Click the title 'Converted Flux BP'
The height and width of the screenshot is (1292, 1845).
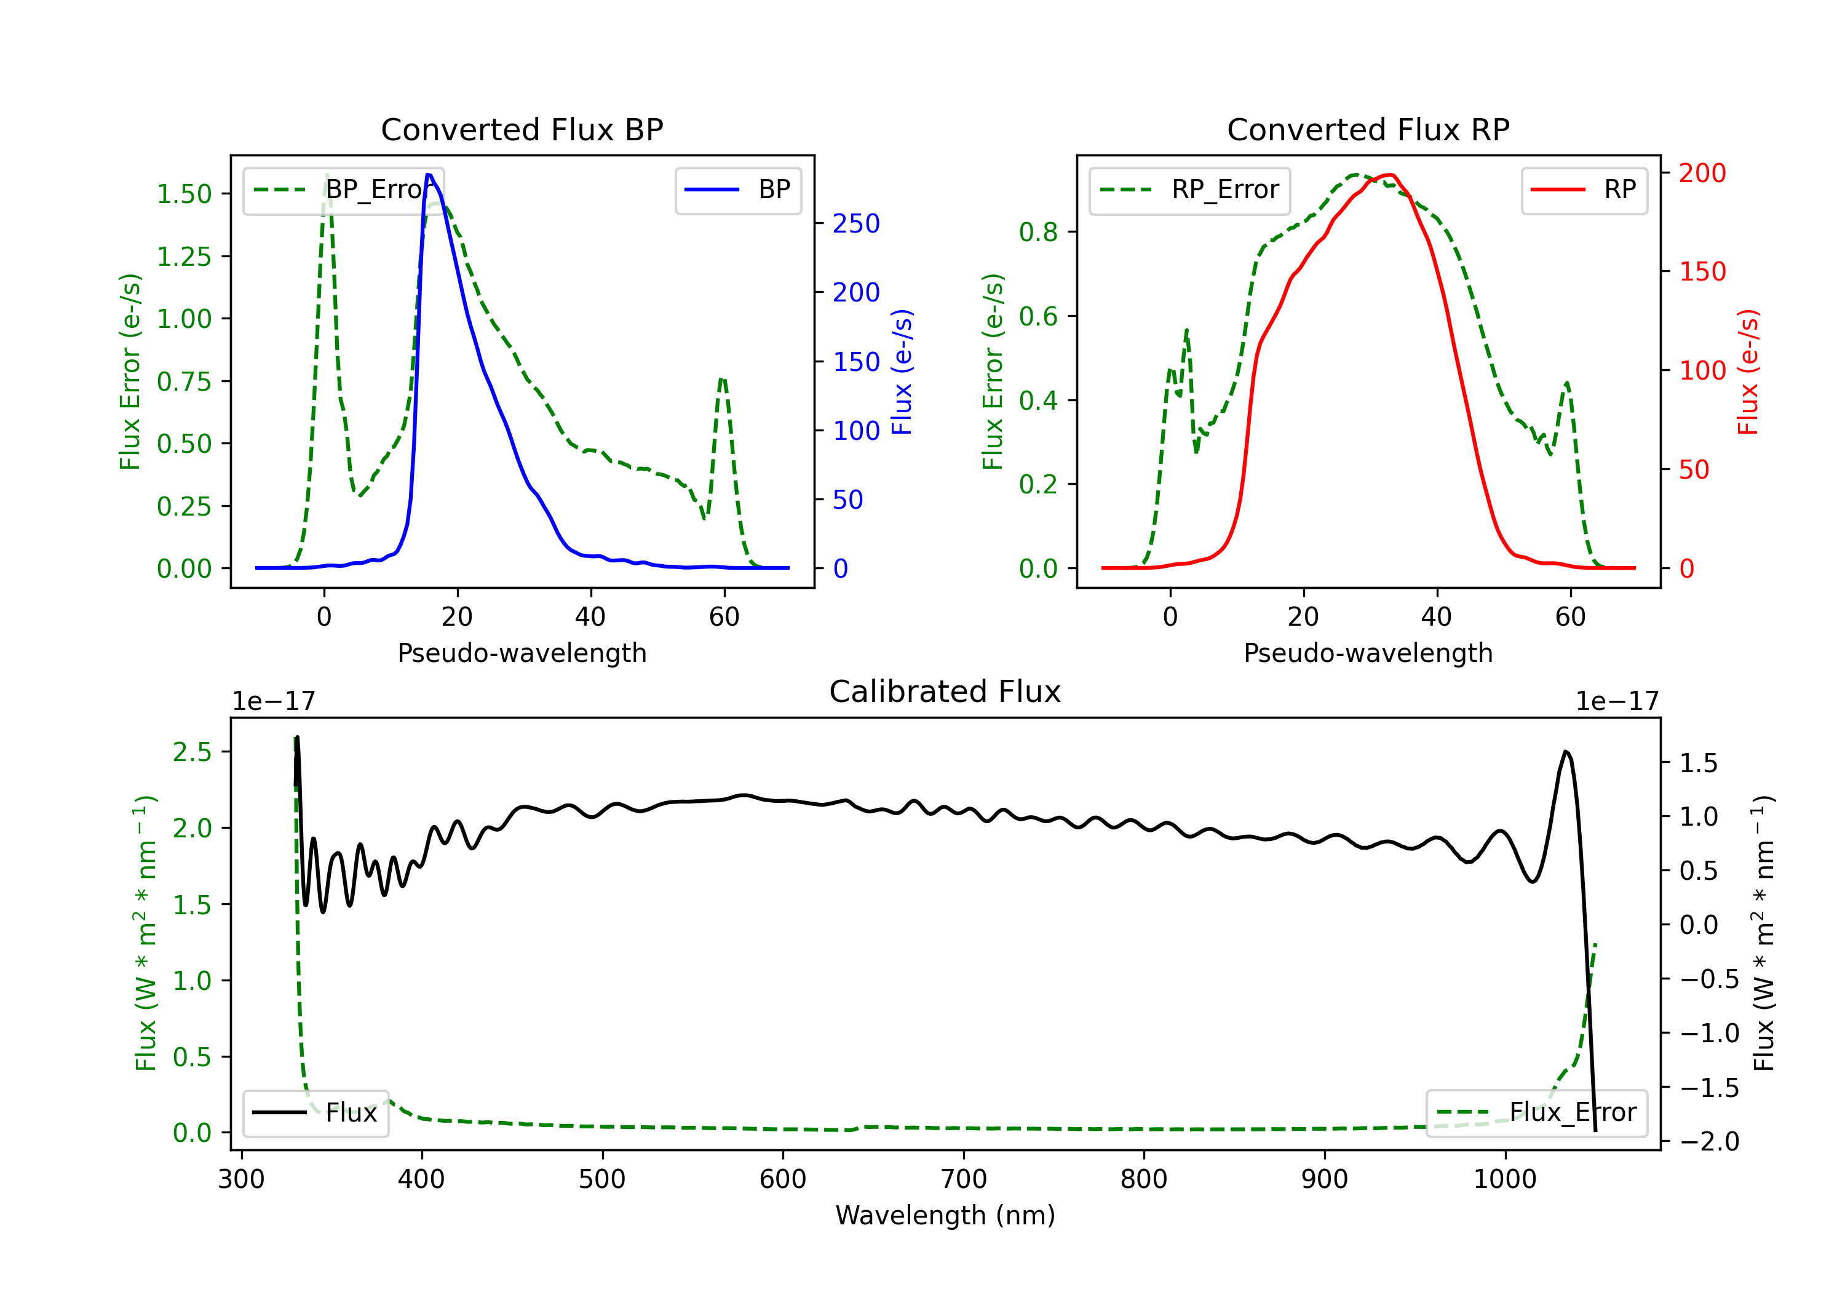(522, 129)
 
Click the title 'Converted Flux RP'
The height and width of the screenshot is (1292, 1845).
(1368, 129)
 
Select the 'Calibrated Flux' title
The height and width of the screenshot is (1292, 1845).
(945, 692)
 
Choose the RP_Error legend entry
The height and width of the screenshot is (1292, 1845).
(1189, 189)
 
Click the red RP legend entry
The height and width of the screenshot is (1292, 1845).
(1584, 189)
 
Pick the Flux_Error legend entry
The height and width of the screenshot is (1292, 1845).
(1536, 1113)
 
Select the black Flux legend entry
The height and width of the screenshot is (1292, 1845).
(315, 1113)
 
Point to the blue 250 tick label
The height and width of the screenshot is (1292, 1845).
(857, 223)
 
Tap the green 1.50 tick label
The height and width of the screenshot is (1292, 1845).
(184, 194)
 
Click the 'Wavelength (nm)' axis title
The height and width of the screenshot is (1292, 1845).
(945, 1216)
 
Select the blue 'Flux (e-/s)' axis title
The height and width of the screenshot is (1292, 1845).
(902, 372)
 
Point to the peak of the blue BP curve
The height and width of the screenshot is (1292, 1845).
(428, 175)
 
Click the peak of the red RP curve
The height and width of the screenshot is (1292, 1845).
(1390, 175)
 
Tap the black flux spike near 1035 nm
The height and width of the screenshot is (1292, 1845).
(1565, 752)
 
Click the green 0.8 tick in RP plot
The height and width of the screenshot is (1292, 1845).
(1038, 233)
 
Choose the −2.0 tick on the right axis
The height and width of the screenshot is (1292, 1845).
(1709, 1142)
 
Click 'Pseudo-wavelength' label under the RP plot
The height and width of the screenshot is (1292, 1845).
(1368, 653)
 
